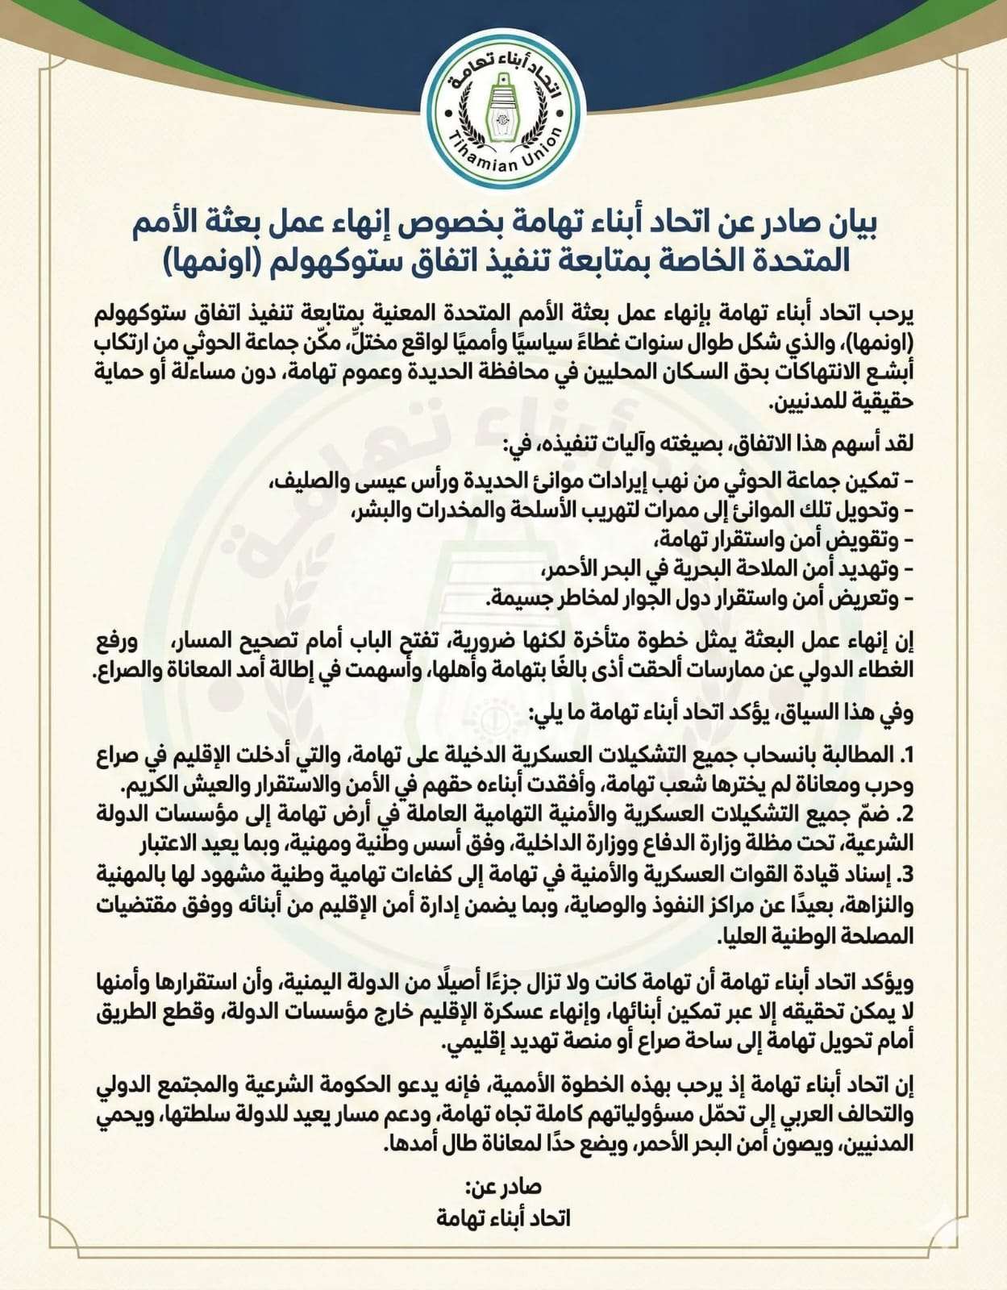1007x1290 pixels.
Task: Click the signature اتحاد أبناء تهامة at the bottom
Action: point(504,1217)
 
